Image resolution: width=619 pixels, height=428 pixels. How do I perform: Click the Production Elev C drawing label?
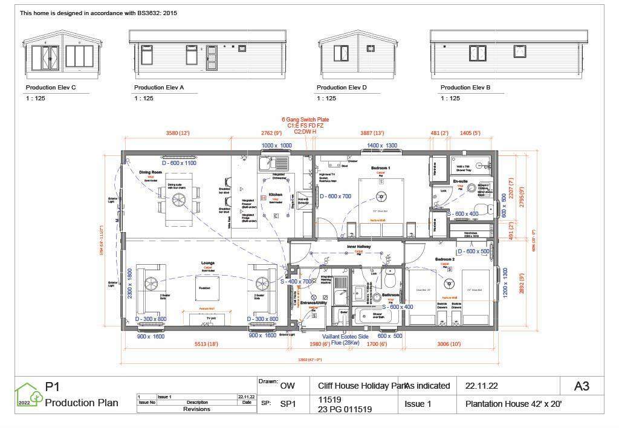(51, 88)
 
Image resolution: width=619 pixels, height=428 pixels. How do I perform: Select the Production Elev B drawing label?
(465, 88)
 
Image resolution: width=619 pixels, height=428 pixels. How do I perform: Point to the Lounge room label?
(208, 263)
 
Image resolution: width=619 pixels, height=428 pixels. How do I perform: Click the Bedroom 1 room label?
(380, 167)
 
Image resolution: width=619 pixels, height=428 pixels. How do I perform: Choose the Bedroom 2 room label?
(444, 259)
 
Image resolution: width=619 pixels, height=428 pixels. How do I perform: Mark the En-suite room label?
(460, 181)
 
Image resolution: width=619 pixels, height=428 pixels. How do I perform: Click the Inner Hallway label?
(358, 247)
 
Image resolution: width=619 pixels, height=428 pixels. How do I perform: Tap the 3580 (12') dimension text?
(178, 133)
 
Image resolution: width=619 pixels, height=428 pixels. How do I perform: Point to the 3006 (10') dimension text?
(449, 344)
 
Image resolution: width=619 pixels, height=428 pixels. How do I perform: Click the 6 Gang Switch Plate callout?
(305, 120)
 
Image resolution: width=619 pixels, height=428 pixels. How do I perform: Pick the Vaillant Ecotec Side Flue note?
(345, 340)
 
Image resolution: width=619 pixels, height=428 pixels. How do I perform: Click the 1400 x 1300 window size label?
(382, 146)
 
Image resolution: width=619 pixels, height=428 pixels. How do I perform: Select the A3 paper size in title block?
(581, 386)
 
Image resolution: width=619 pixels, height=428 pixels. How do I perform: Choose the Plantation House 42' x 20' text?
(513, 404)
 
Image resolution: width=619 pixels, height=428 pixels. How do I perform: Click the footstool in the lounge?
(204, 288)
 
